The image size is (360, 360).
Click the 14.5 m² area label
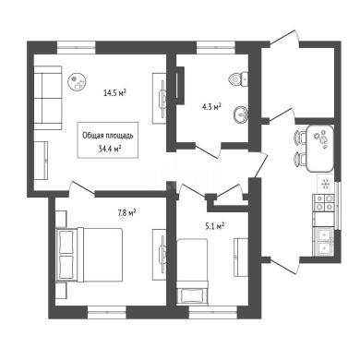115,93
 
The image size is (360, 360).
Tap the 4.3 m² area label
210,107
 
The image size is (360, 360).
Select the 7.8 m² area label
127,212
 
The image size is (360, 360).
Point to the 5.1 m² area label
214,227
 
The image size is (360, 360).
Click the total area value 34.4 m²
109,150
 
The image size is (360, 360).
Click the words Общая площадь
108,136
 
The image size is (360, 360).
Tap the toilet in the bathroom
238,79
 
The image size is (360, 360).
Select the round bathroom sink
242,115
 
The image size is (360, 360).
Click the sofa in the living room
48,98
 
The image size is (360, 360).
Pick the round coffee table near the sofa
77,81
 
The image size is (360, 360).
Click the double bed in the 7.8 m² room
90,255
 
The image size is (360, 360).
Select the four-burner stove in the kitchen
324,203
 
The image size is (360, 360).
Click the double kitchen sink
323,241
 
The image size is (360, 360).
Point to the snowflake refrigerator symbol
325,184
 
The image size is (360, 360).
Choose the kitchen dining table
319,149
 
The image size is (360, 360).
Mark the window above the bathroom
216,47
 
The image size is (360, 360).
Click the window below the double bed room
107,312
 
